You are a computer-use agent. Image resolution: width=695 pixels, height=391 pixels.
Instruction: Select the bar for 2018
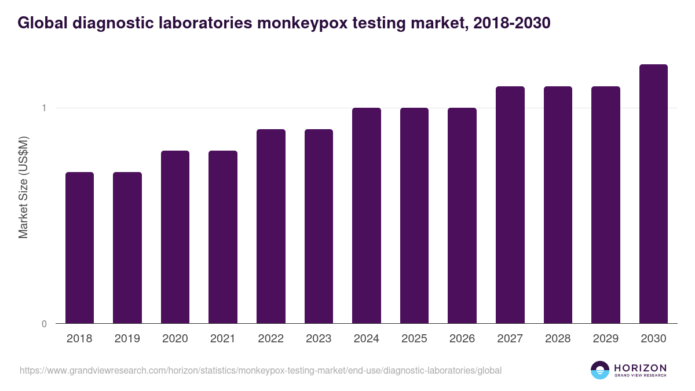point(79,248)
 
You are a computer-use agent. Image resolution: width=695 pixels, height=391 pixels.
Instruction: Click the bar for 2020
point(175,237)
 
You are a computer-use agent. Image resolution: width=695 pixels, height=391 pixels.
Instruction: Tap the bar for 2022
point(271,226)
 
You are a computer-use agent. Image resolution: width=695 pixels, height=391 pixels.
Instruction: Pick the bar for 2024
point(367,215)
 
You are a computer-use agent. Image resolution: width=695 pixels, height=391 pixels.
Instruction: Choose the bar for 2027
point(510,205)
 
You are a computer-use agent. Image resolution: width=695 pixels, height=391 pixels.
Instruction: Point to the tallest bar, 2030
point(653,194)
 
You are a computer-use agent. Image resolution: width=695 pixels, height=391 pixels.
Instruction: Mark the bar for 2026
point(462,215)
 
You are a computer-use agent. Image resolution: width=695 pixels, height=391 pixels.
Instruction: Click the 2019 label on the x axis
point(127,339)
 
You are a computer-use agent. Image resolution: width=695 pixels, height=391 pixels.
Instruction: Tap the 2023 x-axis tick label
point(319,339)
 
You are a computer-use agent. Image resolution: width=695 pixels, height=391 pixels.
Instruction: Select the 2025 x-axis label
point(414,339)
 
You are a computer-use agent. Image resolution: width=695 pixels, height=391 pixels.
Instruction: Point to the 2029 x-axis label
point(606,339)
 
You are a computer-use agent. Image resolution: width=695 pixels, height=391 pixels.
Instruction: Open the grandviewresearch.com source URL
point(261,370)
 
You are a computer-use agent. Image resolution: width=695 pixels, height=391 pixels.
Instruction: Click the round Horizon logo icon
point(600,370)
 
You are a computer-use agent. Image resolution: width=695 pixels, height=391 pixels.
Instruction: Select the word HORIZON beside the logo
point(640,367)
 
